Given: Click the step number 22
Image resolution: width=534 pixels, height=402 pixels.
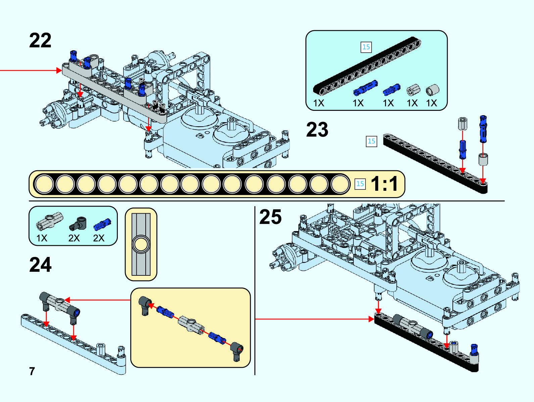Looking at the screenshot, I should point(40,41).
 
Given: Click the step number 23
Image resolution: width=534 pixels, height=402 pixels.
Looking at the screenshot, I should point(317,130).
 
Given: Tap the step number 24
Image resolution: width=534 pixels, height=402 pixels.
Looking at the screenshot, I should point(40,265).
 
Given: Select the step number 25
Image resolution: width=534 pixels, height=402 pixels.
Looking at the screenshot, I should point(270,217).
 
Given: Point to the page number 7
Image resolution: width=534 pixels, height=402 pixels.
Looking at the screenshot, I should point(32,371).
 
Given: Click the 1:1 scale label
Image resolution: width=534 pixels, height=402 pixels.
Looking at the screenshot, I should point(385,184).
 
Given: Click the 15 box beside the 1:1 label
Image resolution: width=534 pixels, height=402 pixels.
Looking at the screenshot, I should point(360,184).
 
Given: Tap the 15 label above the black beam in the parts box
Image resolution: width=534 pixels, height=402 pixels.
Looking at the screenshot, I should point(366,47).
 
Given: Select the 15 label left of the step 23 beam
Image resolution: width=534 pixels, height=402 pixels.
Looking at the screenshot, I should point(371,141).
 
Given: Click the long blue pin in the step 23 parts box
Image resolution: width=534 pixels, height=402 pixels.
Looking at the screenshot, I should point(365,88).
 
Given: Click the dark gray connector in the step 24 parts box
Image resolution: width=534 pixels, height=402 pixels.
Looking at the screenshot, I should point(78,223).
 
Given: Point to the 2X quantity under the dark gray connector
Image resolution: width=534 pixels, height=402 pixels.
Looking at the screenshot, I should point(74,238).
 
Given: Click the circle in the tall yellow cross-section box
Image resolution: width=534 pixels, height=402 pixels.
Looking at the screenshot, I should point(141,244).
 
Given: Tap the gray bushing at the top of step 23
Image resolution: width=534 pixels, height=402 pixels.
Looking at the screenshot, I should point(463,123).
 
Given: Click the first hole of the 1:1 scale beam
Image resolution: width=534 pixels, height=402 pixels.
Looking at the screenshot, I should point(44,184).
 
